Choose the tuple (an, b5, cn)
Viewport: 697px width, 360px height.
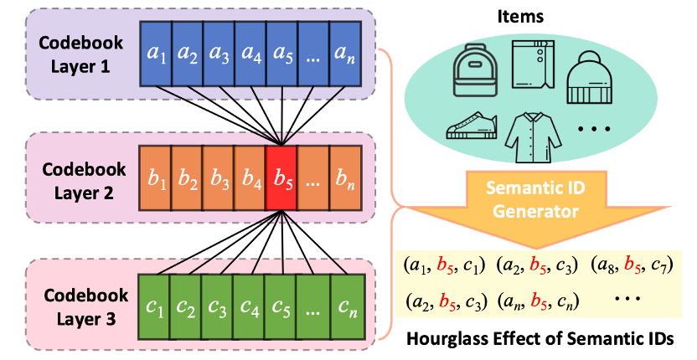point(542,298)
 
